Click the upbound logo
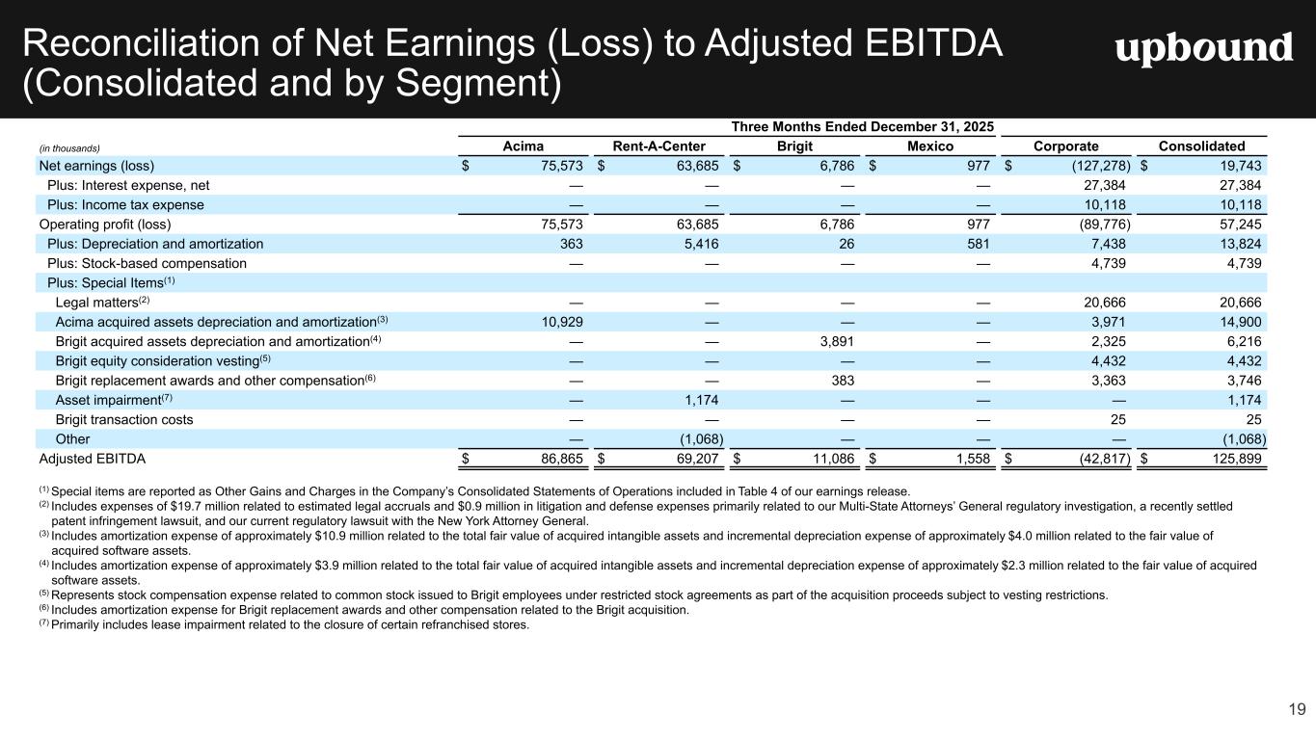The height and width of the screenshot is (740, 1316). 1203,48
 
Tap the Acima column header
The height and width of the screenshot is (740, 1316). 524,146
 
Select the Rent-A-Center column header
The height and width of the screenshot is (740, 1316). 659,146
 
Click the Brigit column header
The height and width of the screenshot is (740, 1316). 795,146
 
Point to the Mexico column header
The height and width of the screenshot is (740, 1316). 930,146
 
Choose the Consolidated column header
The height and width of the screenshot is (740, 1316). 1200,146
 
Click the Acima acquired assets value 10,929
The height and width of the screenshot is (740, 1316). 559,321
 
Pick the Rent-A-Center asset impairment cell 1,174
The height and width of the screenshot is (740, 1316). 697,400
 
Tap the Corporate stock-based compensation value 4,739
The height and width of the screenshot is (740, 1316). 1106,263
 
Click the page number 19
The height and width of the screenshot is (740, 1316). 1297,710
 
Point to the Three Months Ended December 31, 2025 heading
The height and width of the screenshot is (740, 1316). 863,127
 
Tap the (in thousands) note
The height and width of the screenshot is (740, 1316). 69,147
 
